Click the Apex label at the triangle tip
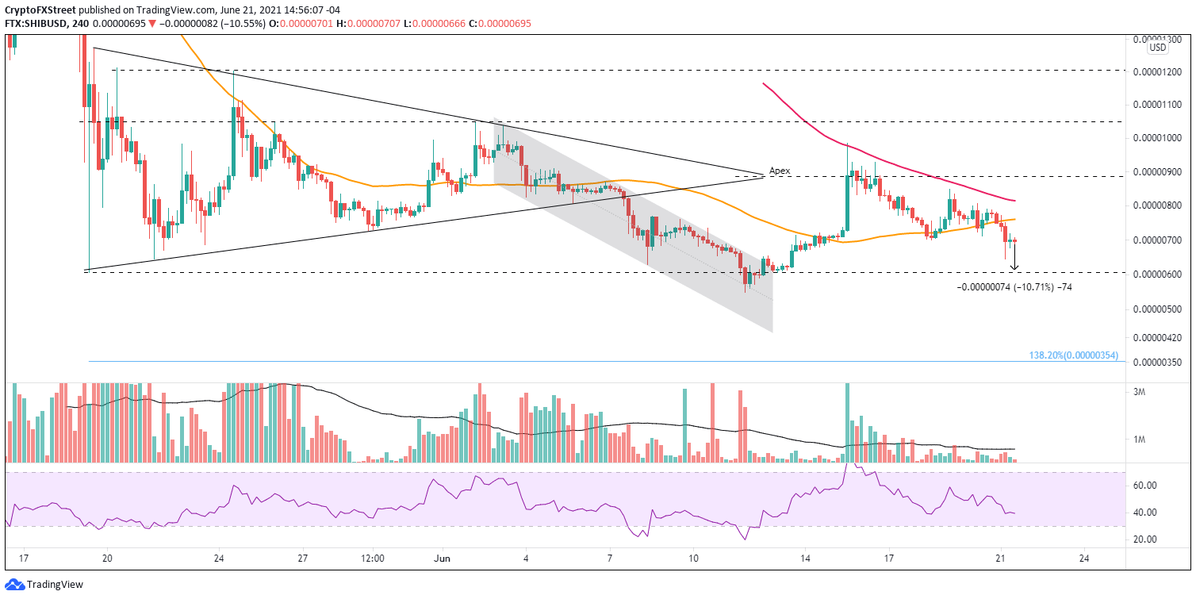[779, 171]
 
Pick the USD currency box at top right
[1158, 48]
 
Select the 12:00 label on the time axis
[373, 558]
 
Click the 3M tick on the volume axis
[1160, 392]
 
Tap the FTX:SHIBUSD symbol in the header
[36, 24]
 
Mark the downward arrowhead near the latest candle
[1014, 267]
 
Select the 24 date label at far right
[1084, 558]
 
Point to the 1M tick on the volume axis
[1160, 440]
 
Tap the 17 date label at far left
[24, 558]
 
